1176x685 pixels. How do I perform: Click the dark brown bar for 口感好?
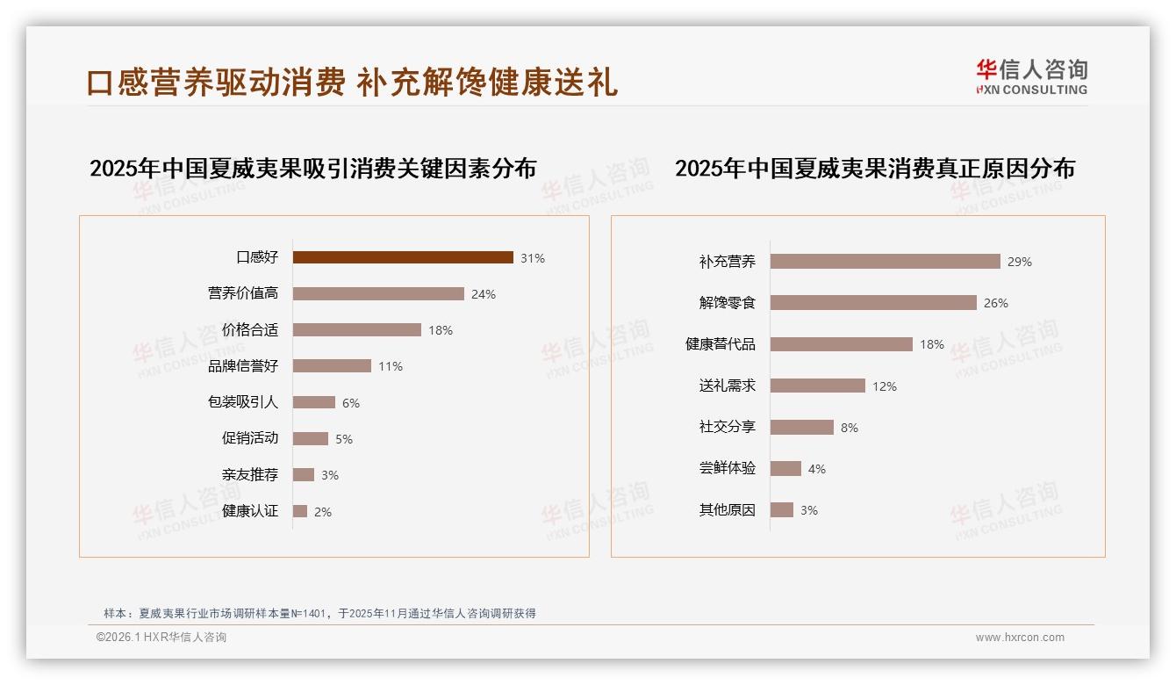[403, 257]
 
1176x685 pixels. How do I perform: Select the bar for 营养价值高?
[378, 294]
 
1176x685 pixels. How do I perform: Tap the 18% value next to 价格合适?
[441, 331]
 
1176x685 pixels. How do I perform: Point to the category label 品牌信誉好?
[243, 366]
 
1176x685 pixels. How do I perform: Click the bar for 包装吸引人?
[314, 402]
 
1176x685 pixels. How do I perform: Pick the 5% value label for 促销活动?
[344, 439]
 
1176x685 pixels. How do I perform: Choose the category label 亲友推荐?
[250, 475]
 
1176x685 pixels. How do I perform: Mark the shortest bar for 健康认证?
[300, 511]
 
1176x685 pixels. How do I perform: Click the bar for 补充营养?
[885, 262]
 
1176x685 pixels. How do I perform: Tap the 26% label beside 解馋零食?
[996, 304]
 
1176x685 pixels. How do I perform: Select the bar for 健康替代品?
[842, 344]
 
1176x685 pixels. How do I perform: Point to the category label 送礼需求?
[728, 386]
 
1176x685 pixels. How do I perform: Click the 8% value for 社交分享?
[850, 429]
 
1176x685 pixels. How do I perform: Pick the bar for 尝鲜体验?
[785, 469]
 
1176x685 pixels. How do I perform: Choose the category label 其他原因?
[728, 510]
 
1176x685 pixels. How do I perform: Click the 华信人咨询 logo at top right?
[1031, 76]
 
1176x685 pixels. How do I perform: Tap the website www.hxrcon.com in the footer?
[1020, 638]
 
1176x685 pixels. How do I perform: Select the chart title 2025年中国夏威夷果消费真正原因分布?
[875, 169]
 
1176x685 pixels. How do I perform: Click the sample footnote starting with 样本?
[319, 614]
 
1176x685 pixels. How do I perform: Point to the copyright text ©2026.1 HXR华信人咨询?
[161, 638]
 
